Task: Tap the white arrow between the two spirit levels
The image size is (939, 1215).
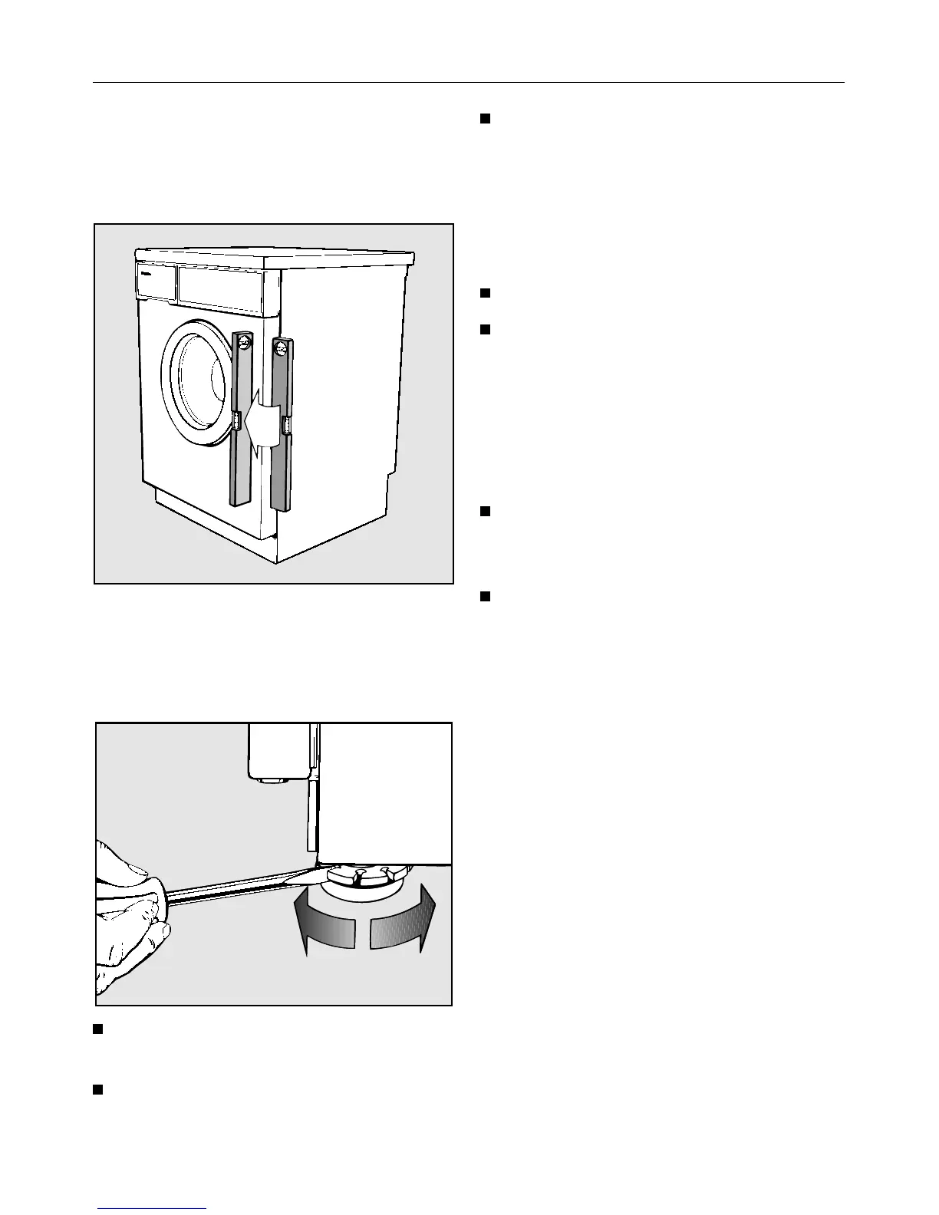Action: point(262,426)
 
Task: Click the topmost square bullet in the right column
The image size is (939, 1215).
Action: point(485,118)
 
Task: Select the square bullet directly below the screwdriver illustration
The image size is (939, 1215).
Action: point(98,1029)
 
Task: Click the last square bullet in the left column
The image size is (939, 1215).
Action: point(98,1089)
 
